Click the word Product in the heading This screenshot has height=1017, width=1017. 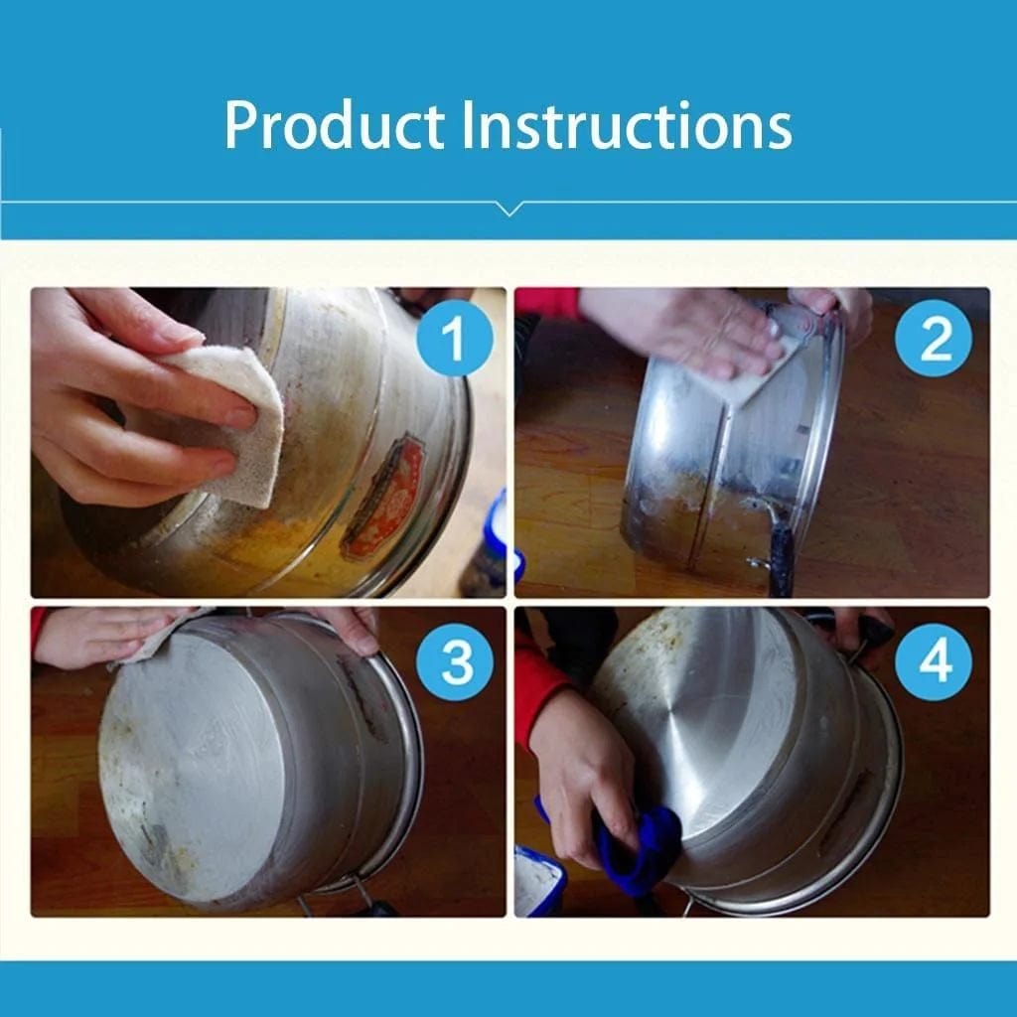click(x=334, y=125)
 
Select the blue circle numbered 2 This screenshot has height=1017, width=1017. click(x=936, y=338)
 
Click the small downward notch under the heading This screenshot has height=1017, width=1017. click(x=508, y=209)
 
